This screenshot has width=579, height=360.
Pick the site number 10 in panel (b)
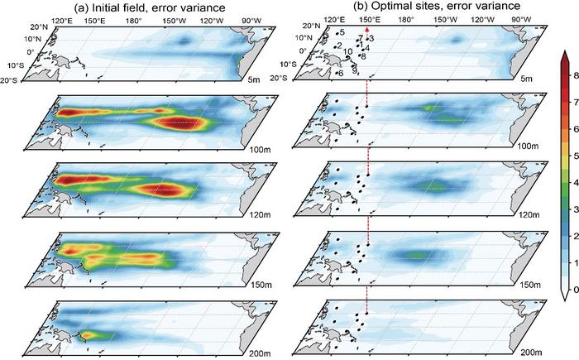point(347,51)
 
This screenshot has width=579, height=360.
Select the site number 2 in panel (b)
point(340,45)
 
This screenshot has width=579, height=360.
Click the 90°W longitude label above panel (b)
point(520,17)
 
